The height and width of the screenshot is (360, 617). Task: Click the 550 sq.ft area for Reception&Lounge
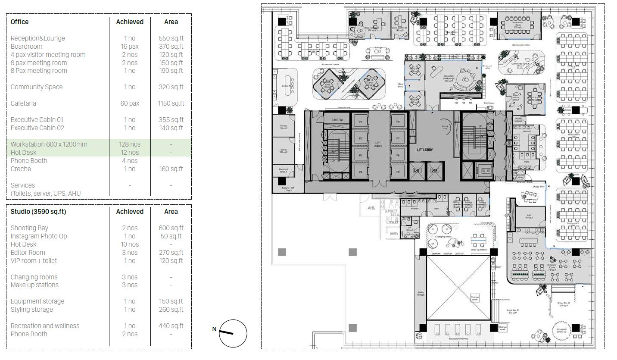tap(171, 38)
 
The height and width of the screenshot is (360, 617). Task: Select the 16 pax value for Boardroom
tap(130, 47)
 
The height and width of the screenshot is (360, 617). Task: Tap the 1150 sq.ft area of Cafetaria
tap(171, 103)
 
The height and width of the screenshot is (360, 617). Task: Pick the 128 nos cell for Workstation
tap(130, 144)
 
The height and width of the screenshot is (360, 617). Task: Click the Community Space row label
tap(37, 87)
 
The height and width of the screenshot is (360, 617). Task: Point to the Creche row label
tap(21, 169)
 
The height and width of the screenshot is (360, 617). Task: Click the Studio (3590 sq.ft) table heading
tap(38, 212)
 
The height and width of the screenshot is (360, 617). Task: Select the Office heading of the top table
tap(20, 22)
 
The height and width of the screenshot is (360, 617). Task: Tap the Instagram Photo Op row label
tap(39, 236)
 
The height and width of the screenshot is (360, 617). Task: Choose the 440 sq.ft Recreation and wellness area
tap(171, 326)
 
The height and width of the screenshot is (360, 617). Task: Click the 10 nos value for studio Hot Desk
tap(130, 244)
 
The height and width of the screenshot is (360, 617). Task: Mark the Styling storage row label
tap(32, 310)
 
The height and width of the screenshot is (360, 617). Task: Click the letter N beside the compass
tap(214, 329)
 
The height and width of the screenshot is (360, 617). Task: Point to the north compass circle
tap(233, 333)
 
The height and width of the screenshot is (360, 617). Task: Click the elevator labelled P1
tap(361, 122)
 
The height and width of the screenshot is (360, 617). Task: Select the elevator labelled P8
tap(398, 122)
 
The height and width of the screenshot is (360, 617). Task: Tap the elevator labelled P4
tap(361, 172)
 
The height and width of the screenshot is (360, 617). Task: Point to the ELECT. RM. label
tap(337, 119)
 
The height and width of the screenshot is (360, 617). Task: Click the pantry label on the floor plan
tap(394, 233)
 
